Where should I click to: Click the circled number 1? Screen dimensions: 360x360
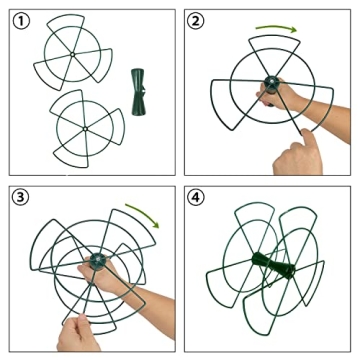click(21, 21)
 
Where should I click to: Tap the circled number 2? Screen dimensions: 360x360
click(196, 21)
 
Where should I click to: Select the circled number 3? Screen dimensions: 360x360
click(21, 198)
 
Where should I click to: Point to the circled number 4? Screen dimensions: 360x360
click(196, 198)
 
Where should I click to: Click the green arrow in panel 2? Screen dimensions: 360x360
click(277, 27)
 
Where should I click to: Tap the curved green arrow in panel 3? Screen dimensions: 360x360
click(144, 213)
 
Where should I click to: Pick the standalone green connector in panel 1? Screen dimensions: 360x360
click(138, 92)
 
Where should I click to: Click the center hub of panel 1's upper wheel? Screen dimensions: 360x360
click(72, 54)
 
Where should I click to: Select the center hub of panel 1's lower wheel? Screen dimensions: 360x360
click(85, 129)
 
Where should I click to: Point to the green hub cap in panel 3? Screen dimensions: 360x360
click(98, 259)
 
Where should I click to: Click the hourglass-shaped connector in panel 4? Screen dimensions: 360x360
click(273, 264)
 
